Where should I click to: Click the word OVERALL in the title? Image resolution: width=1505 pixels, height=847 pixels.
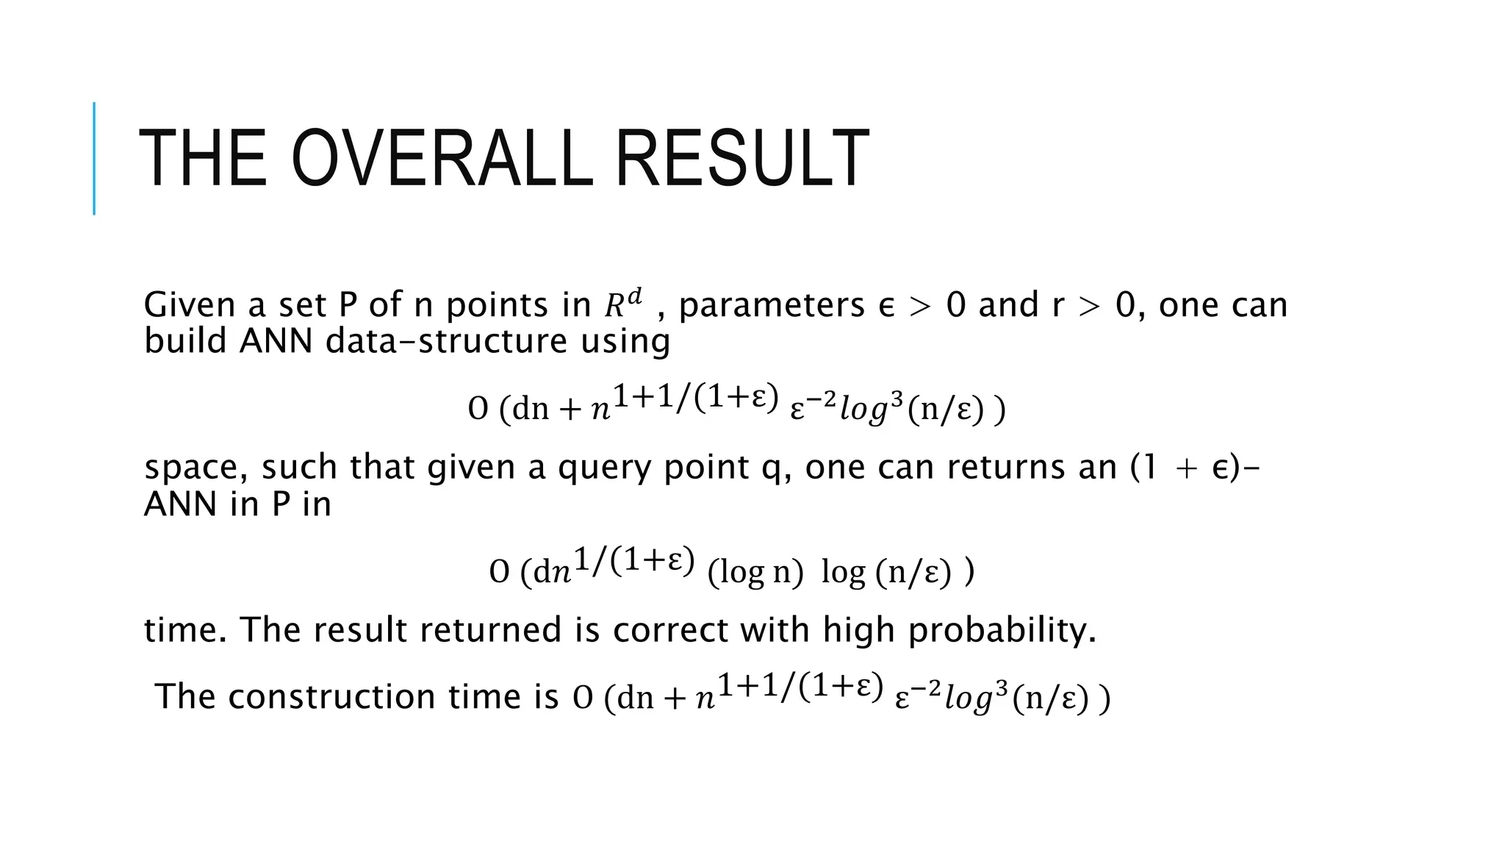tap(441, 159)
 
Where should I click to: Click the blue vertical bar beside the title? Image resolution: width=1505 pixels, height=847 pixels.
tap(94, 158)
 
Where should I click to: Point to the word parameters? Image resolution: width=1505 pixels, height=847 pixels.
tap(772, 305)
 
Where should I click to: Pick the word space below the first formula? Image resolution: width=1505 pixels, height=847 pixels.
tap(195, 468)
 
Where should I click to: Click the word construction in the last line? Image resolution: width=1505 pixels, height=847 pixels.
tap(331, 696)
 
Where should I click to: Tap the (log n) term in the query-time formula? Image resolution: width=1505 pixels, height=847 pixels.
tap(755, 572)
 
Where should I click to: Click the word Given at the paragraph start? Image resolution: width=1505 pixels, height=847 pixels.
tap(189, 305)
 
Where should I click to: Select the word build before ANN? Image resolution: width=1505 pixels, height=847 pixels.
tap(185, 341)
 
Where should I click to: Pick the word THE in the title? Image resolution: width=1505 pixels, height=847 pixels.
tap(203, 159)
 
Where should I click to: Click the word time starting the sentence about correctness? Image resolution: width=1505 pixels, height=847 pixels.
tap(185, 630)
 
